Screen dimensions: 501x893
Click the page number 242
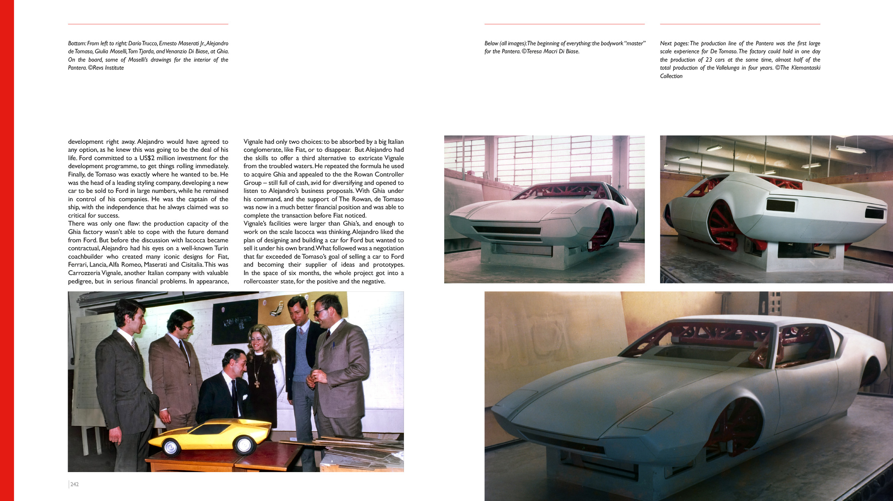tap(74, 484)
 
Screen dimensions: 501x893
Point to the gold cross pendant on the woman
tap(257, 383)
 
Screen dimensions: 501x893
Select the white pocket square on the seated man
tap(245, 397)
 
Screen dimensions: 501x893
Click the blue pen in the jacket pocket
tap(333, 345)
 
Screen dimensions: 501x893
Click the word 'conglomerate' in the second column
tap(262, 150)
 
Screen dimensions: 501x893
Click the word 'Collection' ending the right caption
tap(671, 76)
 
